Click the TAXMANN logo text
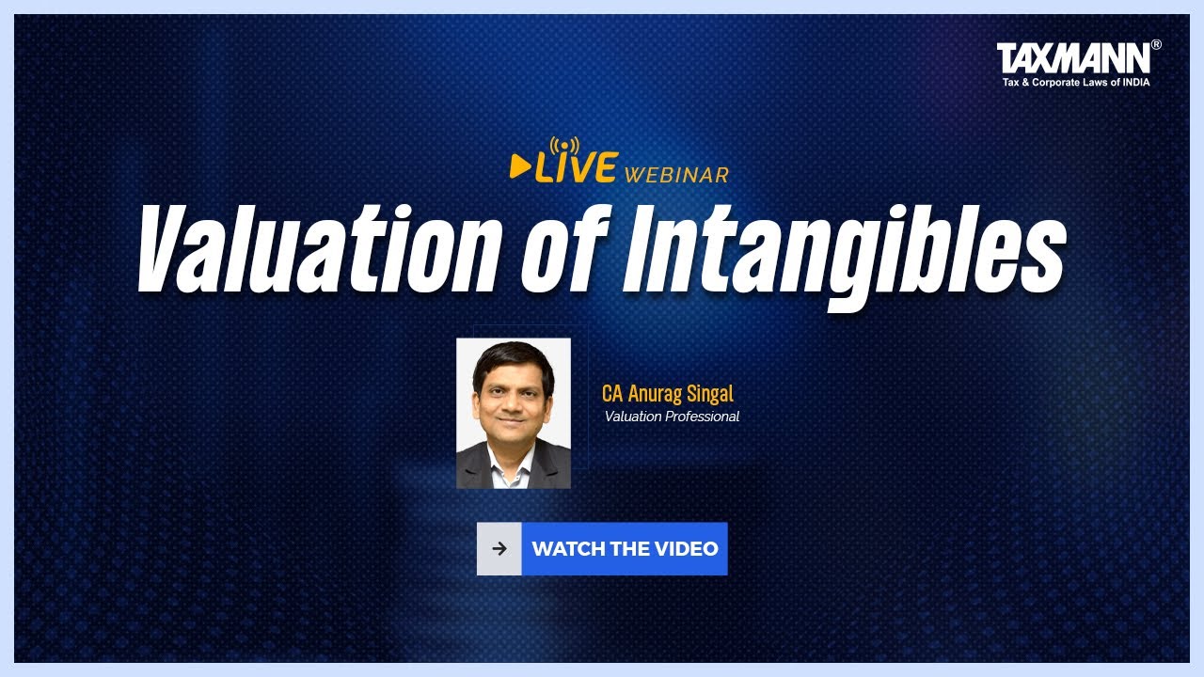[x=1072, y=58]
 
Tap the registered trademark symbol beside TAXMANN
[x=1156, y=44]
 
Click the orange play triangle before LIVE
[x=518, y=166]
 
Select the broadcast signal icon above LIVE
[x=564, y=147]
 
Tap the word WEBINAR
[x=676, y=175]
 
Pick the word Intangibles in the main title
[x=844, y=251]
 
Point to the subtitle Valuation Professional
[x=672, y=417]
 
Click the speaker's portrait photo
[x=514, y=413]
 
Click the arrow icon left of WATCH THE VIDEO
[x=499, y=549]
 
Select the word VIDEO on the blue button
[x=689, y=549]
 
